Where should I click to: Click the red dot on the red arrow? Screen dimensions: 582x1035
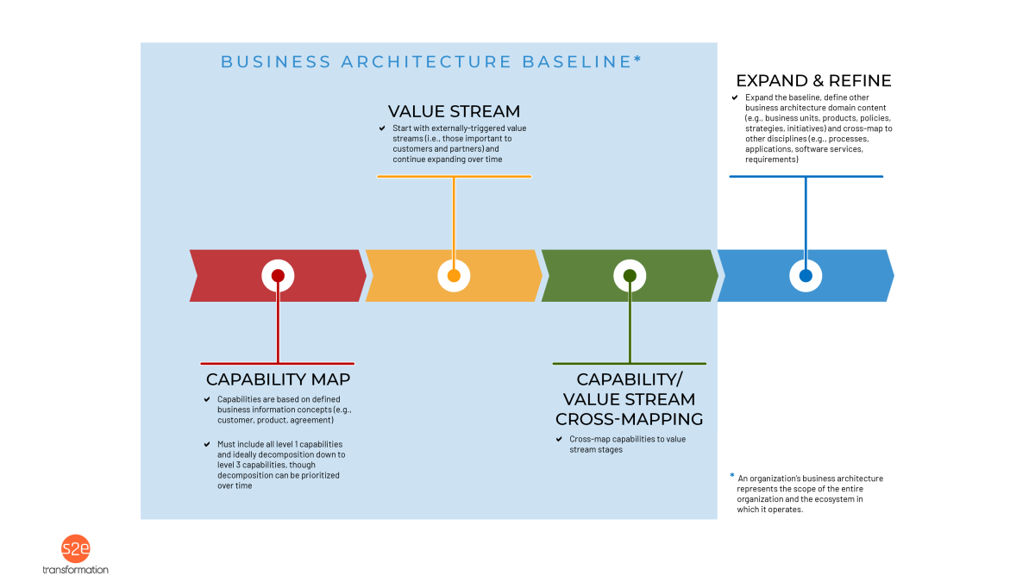pos(278,276)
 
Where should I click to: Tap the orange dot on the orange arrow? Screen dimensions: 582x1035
pos(454,276)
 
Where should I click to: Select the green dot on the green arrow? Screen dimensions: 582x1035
pos(630,276)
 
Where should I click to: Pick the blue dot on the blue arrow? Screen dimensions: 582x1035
pos(806,276)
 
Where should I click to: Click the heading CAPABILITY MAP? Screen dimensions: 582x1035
pos(278,379)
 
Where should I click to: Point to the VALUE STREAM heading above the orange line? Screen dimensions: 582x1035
pos(454,111)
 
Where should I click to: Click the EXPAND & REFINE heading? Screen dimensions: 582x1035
pos(813,81)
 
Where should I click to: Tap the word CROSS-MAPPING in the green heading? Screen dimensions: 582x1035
pos(630,419)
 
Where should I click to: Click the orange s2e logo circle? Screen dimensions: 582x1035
pos(75,549)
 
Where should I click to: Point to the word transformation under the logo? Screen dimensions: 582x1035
pos(75,570)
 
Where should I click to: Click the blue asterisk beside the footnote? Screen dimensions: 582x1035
pos(732,475)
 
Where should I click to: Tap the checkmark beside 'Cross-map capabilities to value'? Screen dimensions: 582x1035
pos(558,439)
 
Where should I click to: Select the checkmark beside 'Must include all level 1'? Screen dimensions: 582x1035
pos(206,444)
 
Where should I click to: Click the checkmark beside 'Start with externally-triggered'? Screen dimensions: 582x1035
pos(382,128)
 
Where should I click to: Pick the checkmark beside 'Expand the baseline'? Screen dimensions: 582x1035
pos(734,97)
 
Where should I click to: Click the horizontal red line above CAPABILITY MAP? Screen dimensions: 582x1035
pos(278,363)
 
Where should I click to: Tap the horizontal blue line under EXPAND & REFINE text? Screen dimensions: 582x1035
pos(806,177)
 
